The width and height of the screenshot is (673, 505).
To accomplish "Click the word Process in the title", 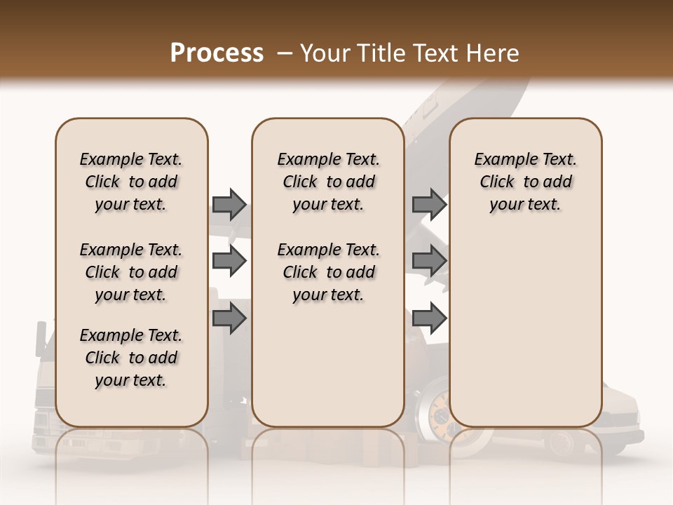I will (217, 53).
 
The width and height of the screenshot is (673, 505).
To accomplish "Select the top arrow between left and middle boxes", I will (229, 204).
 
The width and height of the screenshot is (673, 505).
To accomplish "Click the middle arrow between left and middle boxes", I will (229, 261).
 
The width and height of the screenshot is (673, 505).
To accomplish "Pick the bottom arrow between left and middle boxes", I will (229, 319).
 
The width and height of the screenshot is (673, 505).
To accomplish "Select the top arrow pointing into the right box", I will (429, 204).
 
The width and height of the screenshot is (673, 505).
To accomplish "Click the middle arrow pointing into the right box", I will (429, 261).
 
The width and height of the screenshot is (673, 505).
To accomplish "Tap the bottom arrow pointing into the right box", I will (429, 319).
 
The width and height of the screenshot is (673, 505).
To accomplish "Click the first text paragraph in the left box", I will (131, 182).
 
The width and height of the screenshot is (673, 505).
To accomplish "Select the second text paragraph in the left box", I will (131, 272).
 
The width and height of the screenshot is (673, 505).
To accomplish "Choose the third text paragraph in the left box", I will (131, 358).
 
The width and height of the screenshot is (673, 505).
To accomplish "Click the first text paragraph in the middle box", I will (328, 182).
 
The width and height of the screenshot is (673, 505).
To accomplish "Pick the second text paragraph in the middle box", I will (328, 272).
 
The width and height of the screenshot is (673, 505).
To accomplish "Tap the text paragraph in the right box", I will (525, 182).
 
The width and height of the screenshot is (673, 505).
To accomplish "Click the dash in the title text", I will (285, 53).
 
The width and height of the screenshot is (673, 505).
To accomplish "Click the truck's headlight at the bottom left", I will (43, 422).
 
